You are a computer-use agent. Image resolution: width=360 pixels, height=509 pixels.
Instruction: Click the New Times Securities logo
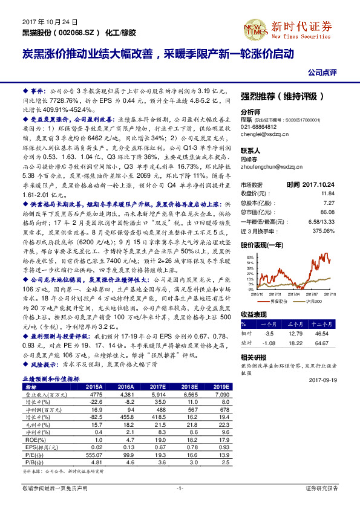point(303,27)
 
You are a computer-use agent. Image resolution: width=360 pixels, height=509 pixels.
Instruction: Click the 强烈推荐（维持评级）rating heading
point(287,96)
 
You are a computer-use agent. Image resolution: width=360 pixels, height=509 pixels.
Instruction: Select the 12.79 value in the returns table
point(296,333)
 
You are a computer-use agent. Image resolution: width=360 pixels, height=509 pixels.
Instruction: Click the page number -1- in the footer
point(180,487)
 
